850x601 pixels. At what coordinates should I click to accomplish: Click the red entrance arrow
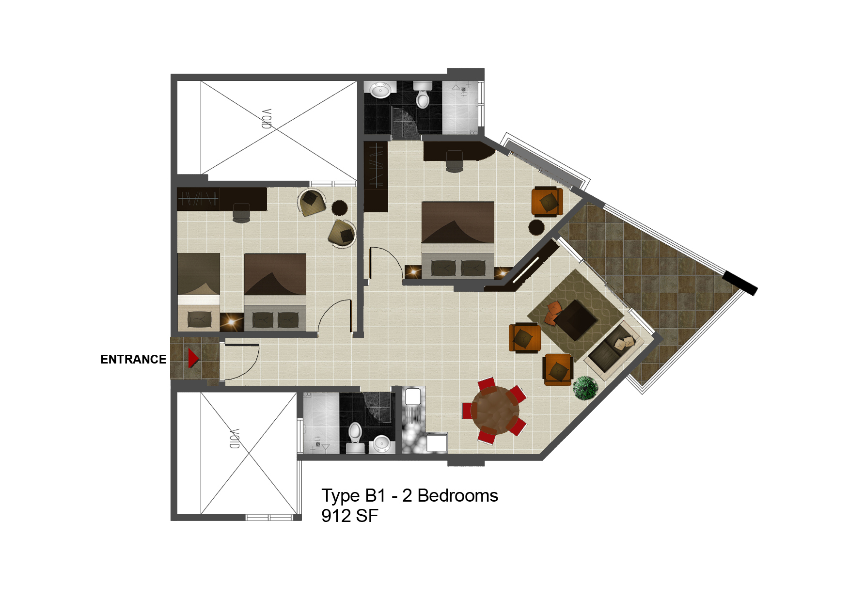tap(193, 358)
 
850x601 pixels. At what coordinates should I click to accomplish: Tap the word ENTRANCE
tap(133, 359)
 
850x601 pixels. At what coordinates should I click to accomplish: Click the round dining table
tap(495, 411)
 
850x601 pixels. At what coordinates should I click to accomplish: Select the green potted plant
tap(585, 388)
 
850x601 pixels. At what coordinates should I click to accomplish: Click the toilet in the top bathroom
tap(423, 95)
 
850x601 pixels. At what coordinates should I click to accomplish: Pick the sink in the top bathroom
tap(380, 90)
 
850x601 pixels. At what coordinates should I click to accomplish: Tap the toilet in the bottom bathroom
tap(355, 433)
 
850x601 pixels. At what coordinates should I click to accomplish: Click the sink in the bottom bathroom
tap(382, 443)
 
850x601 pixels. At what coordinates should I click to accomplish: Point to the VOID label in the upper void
tap(267, 119)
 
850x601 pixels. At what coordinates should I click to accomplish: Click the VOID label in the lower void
tap(235, 439)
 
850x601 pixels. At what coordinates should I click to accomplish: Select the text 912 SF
tap(349, 516)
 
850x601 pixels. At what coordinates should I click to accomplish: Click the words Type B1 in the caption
tap(354, 496)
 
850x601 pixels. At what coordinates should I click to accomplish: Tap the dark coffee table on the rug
tap(576, 320)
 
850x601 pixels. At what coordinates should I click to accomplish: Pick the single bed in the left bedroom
tap(199, 292)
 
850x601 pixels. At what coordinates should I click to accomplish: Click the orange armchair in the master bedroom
tap(548, 201)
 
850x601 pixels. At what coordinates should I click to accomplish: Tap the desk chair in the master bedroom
tap(454, 161)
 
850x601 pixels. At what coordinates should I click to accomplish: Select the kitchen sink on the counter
tap(413, 397)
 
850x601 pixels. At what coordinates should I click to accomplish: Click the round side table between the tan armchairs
tap(339, 208)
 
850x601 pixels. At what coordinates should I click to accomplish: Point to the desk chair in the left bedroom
tap(241, 213)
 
